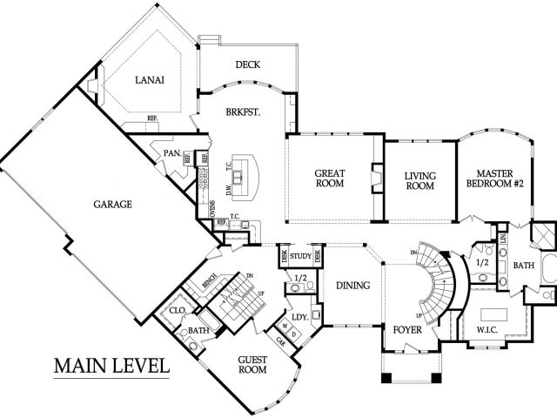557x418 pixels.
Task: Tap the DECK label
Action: (x=248, y=65)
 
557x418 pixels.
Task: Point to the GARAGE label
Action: (x=112, y=205)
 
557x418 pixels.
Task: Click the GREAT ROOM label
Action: (x=329, y=178)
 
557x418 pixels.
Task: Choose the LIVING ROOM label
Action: (x=420, y=180)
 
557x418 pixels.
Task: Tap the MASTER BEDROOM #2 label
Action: (x=493, y=178)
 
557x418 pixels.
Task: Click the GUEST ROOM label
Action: (x=252, y=364)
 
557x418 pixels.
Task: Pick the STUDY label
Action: (x=301, y=256)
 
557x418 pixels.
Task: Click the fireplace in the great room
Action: (x=376, y=178)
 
